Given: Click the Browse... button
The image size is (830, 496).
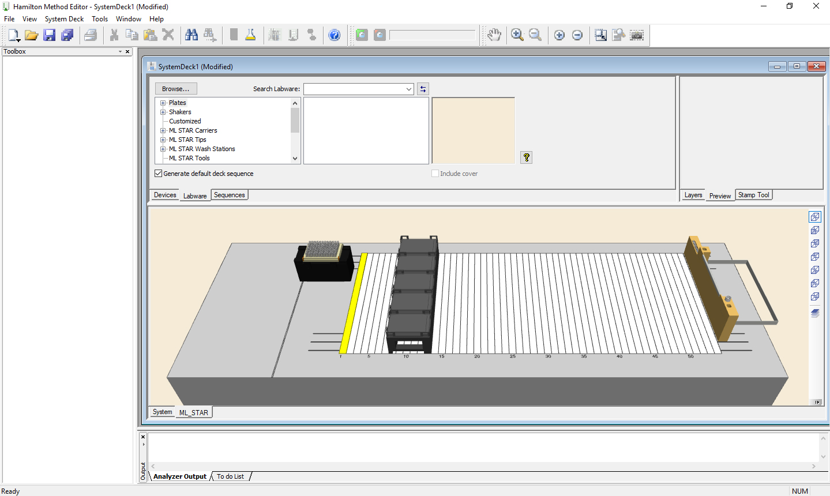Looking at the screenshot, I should pyautogui.click(x=176, y=89).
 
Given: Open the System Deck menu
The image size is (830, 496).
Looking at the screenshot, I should pyautogui.click(x=64, y=19).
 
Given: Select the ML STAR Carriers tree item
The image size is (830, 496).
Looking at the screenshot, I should pyautogui.click(x=193, y=130).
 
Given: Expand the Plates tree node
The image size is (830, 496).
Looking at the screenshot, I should pyautogui.click(x=163, y=103).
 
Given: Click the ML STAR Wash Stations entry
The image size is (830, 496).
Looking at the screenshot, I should pyautogui.click(x=202, y=149).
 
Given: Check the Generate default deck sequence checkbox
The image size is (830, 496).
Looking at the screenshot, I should pyautogui.click(x=159, y=174).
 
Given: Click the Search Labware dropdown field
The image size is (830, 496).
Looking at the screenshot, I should pyautogui.click(x=358, y=89).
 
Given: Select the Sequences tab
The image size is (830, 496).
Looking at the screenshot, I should pyautogui.click(x=229, y=195).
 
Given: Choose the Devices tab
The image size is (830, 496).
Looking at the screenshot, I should pyautogui.click(x=165, y=195).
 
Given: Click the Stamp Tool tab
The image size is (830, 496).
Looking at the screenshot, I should pyautogui.click(x=753, y=195).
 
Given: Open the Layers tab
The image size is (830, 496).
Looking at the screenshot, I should pyautogui.click(x=693, y=195).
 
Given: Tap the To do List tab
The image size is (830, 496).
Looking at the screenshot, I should pyautogui.click(x=230, y=476).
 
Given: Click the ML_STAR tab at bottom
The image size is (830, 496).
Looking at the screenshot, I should pyautogui.click(x=193, y=412).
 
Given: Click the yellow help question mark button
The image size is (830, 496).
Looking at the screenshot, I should pyautogui.click(x=526, y=157).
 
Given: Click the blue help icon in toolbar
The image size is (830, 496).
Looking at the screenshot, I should pyautogui.click(x=335, y=35).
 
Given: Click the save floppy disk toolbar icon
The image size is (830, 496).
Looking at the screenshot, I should pyautogui.click(x=50, y=35).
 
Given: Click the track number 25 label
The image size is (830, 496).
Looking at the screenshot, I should pyautogui.click(x=512, y=356).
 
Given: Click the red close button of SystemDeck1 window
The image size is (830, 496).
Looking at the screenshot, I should pyautogui.click(x=816, y=66).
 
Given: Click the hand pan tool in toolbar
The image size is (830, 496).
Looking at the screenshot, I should pyautogui.click(x=494, y=35).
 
